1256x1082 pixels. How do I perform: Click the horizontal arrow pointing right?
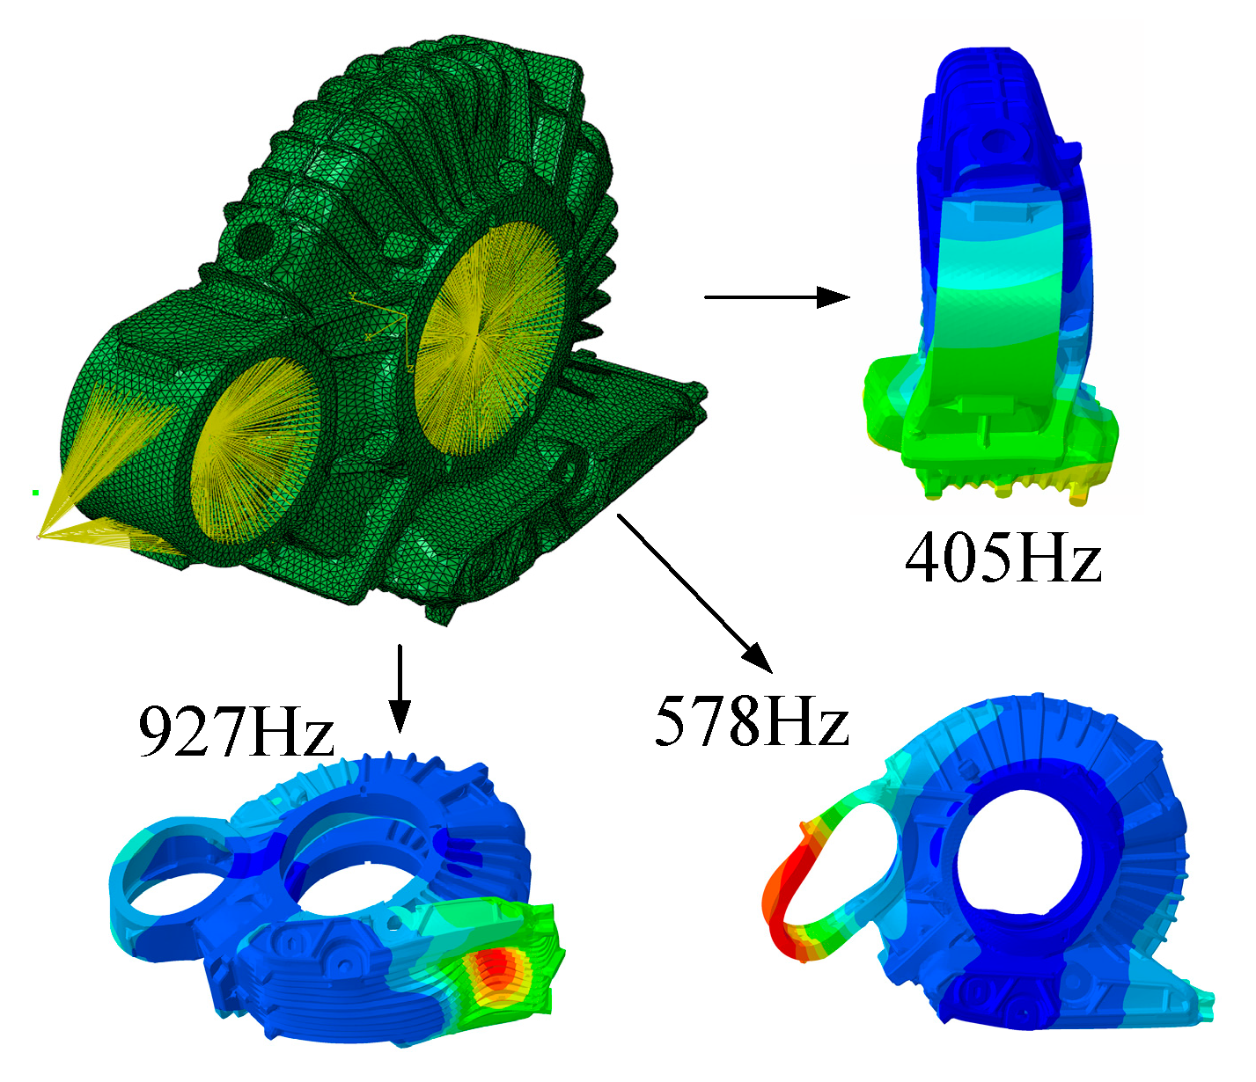(x=776, y=297)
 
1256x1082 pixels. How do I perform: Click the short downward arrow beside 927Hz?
(x=400, y=689)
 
